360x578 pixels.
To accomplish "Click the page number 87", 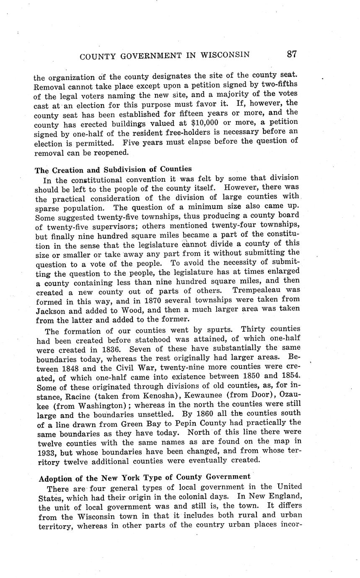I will point(292,54).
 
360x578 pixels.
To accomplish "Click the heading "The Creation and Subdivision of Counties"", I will point(113,169).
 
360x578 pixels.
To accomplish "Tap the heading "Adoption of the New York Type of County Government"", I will point(145,477).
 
